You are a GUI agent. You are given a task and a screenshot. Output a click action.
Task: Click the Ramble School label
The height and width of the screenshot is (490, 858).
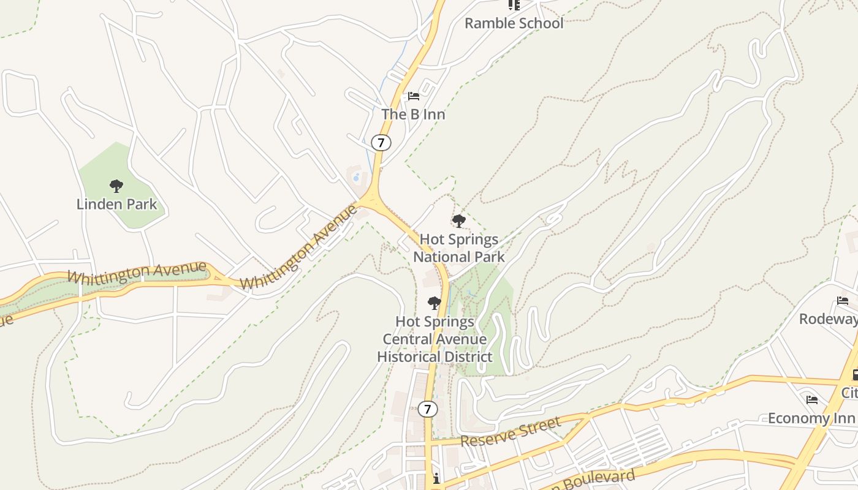[514, 23]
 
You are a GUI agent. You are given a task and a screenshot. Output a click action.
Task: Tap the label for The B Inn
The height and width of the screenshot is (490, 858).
[413, 114]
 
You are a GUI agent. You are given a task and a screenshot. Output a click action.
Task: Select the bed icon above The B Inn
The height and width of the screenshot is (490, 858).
[414, 96]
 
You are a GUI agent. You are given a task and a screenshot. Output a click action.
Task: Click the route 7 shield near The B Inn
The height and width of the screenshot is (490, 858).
[381, 143]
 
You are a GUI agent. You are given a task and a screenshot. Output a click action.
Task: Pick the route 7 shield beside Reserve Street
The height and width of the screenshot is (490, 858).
[428, 409]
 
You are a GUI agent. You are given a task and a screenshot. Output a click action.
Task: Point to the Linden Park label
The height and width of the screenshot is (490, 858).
[117, 204]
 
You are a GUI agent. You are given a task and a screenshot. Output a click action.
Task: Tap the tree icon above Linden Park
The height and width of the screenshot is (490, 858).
[116, 186]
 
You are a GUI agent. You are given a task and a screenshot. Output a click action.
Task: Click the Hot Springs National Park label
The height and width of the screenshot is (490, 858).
[458, 248]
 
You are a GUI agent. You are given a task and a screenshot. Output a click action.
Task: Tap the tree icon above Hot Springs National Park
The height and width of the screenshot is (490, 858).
[458, 221]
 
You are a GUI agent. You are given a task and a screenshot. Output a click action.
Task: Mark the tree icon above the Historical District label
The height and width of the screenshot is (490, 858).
[434, 303]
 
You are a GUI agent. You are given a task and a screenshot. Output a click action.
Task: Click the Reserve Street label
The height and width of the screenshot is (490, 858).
[510, 432]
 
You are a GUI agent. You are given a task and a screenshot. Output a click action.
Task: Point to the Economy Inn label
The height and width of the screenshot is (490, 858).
[811, 418]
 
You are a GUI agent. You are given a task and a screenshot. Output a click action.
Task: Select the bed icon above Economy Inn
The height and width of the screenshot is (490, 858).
[812, 400]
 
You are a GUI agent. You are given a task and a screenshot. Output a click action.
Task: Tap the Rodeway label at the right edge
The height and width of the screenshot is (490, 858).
[828, 319]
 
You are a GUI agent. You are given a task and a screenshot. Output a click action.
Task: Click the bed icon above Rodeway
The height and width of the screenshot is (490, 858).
[843, 301]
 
